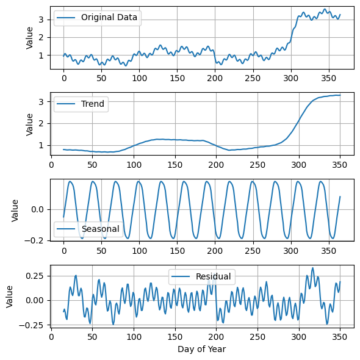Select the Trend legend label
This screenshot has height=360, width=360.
coord(93,104)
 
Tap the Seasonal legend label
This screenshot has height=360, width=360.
coord(101,229)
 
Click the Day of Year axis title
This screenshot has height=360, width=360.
coord(201,349)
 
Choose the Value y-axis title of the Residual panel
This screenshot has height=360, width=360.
coord(10,296)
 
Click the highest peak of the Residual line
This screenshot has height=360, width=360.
coord(312,268)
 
